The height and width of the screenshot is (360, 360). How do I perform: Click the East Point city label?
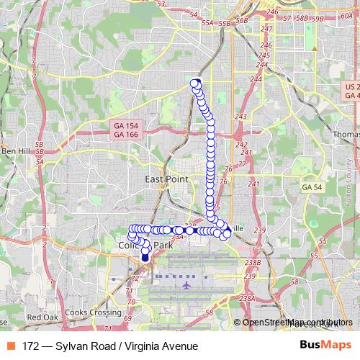[166, 179]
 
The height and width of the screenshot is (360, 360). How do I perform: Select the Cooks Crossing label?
[92, 313]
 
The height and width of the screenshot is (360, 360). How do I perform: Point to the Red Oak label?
[42, 318]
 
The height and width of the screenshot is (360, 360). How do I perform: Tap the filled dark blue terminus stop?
[145, 257]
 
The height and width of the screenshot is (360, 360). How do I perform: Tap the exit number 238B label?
[251, 263]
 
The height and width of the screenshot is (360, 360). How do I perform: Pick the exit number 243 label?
[240, 117]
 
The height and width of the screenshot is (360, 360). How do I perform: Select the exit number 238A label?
[247, 298]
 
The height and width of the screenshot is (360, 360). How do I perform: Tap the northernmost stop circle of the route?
[194, 83]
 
